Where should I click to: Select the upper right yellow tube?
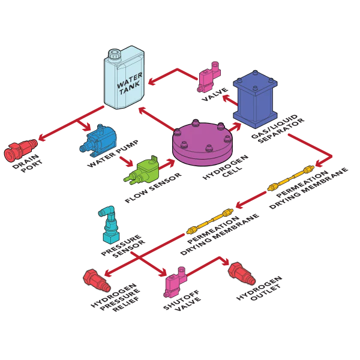290,178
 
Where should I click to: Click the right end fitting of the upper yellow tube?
309,170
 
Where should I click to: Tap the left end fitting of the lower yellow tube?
191,229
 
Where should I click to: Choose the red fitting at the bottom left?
96,280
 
